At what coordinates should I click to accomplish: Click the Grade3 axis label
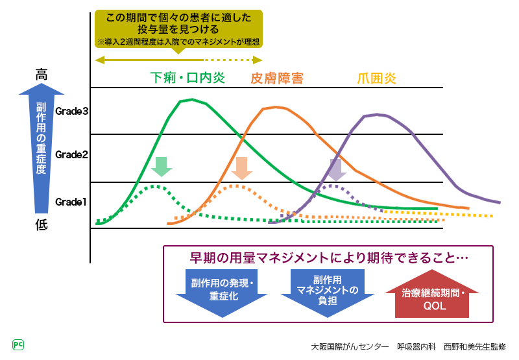(x=71, y=111)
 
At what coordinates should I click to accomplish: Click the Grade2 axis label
(x=71, y=154)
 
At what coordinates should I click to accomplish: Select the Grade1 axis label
(x=71, y=202)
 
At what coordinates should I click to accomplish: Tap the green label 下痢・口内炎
(x=187, y=78)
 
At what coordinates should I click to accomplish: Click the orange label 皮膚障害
(x=277, y=78)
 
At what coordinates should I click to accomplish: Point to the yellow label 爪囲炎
(x=377, y=78)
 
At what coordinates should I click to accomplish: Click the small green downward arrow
(x=161, y=167)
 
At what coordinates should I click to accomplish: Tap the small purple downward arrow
(x=335, y=169)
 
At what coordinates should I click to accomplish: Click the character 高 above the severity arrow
(x=42, y=75)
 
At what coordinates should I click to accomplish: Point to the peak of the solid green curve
(x=191, y=99)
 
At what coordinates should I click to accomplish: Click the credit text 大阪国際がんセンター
(x=350, y=346)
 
